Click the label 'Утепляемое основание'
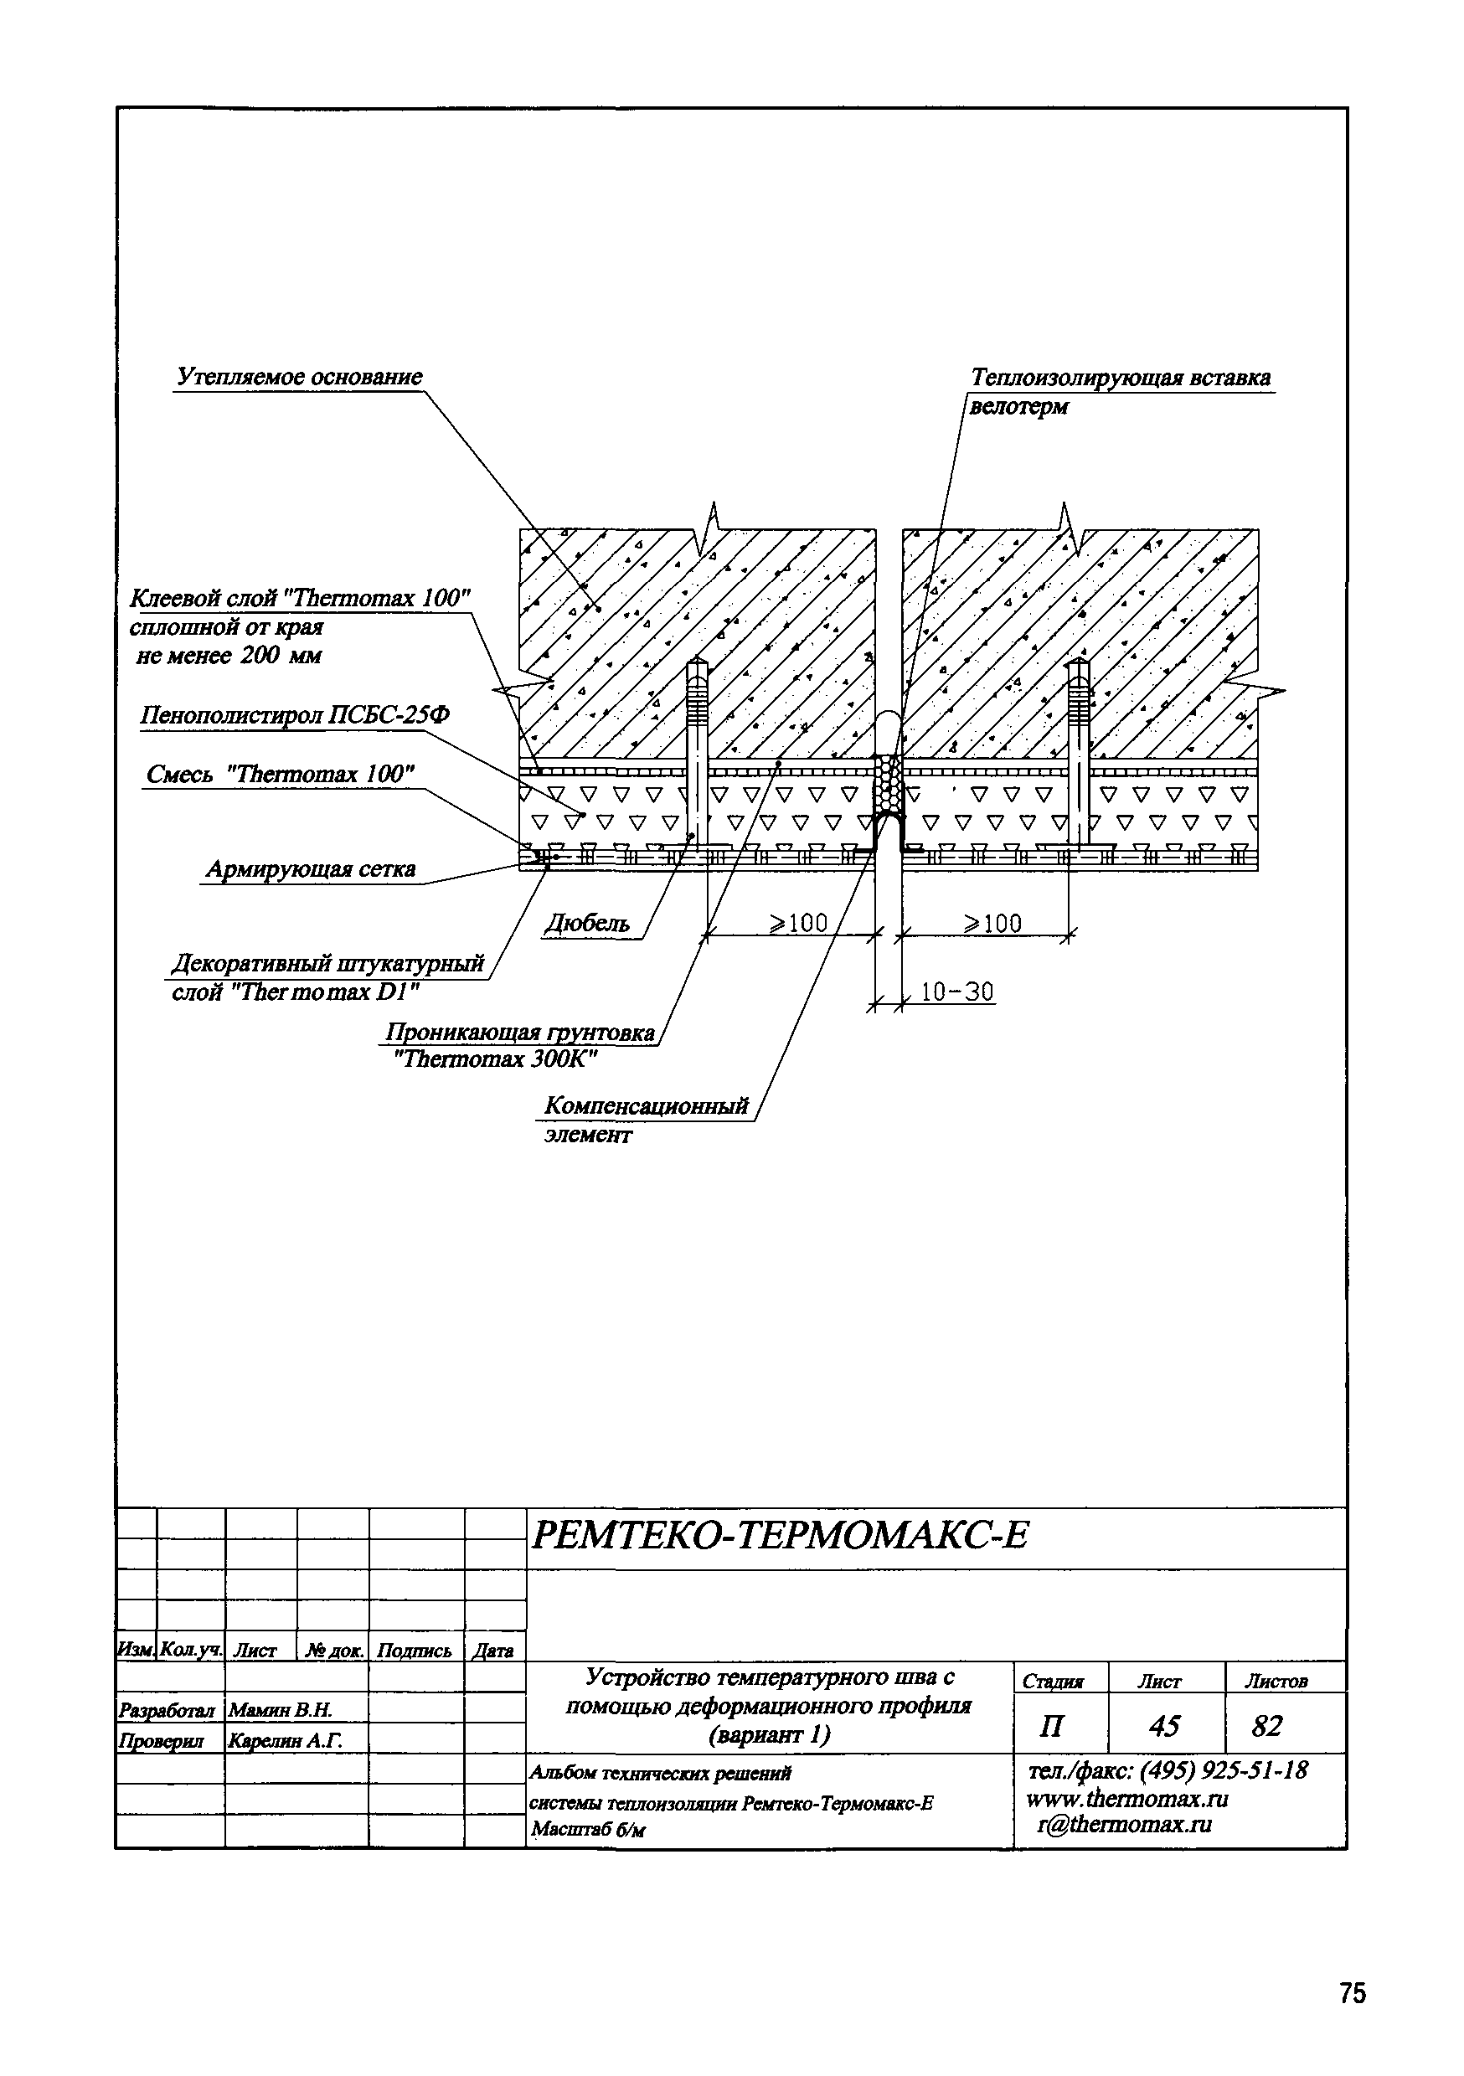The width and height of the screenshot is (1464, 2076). [x=299, y=377]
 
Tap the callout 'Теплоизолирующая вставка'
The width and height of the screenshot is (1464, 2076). [x=1121, y=378]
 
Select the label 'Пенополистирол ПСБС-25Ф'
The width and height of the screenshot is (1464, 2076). [x=295, y=716]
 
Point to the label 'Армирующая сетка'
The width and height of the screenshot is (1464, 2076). [x=310, y=869]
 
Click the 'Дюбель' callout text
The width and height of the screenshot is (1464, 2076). [x=586, y=924]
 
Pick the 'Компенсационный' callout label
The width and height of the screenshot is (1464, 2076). [x=647, y=1105]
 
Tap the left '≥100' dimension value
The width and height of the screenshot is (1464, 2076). [x=797, y=923]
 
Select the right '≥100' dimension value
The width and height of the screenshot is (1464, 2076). [x=992, y=923]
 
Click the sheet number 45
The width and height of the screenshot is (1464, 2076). [x=1165, y=1726]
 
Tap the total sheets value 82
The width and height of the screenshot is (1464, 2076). [x=1266, y=1726]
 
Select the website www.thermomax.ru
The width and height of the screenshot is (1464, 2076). [x=1126, y=1799]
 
